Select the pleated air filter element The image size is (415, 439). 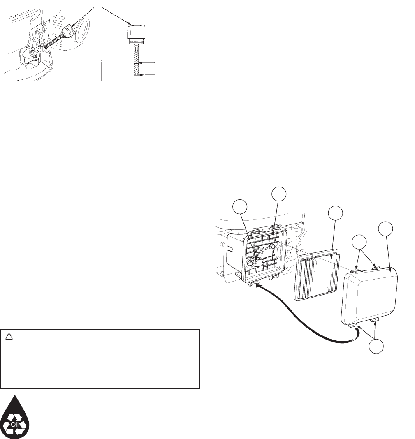click(317, 275)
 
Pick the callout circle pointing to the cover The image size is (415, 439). click(386, 229)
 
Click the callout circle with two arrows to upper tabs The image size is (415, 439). click(360, 242)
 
